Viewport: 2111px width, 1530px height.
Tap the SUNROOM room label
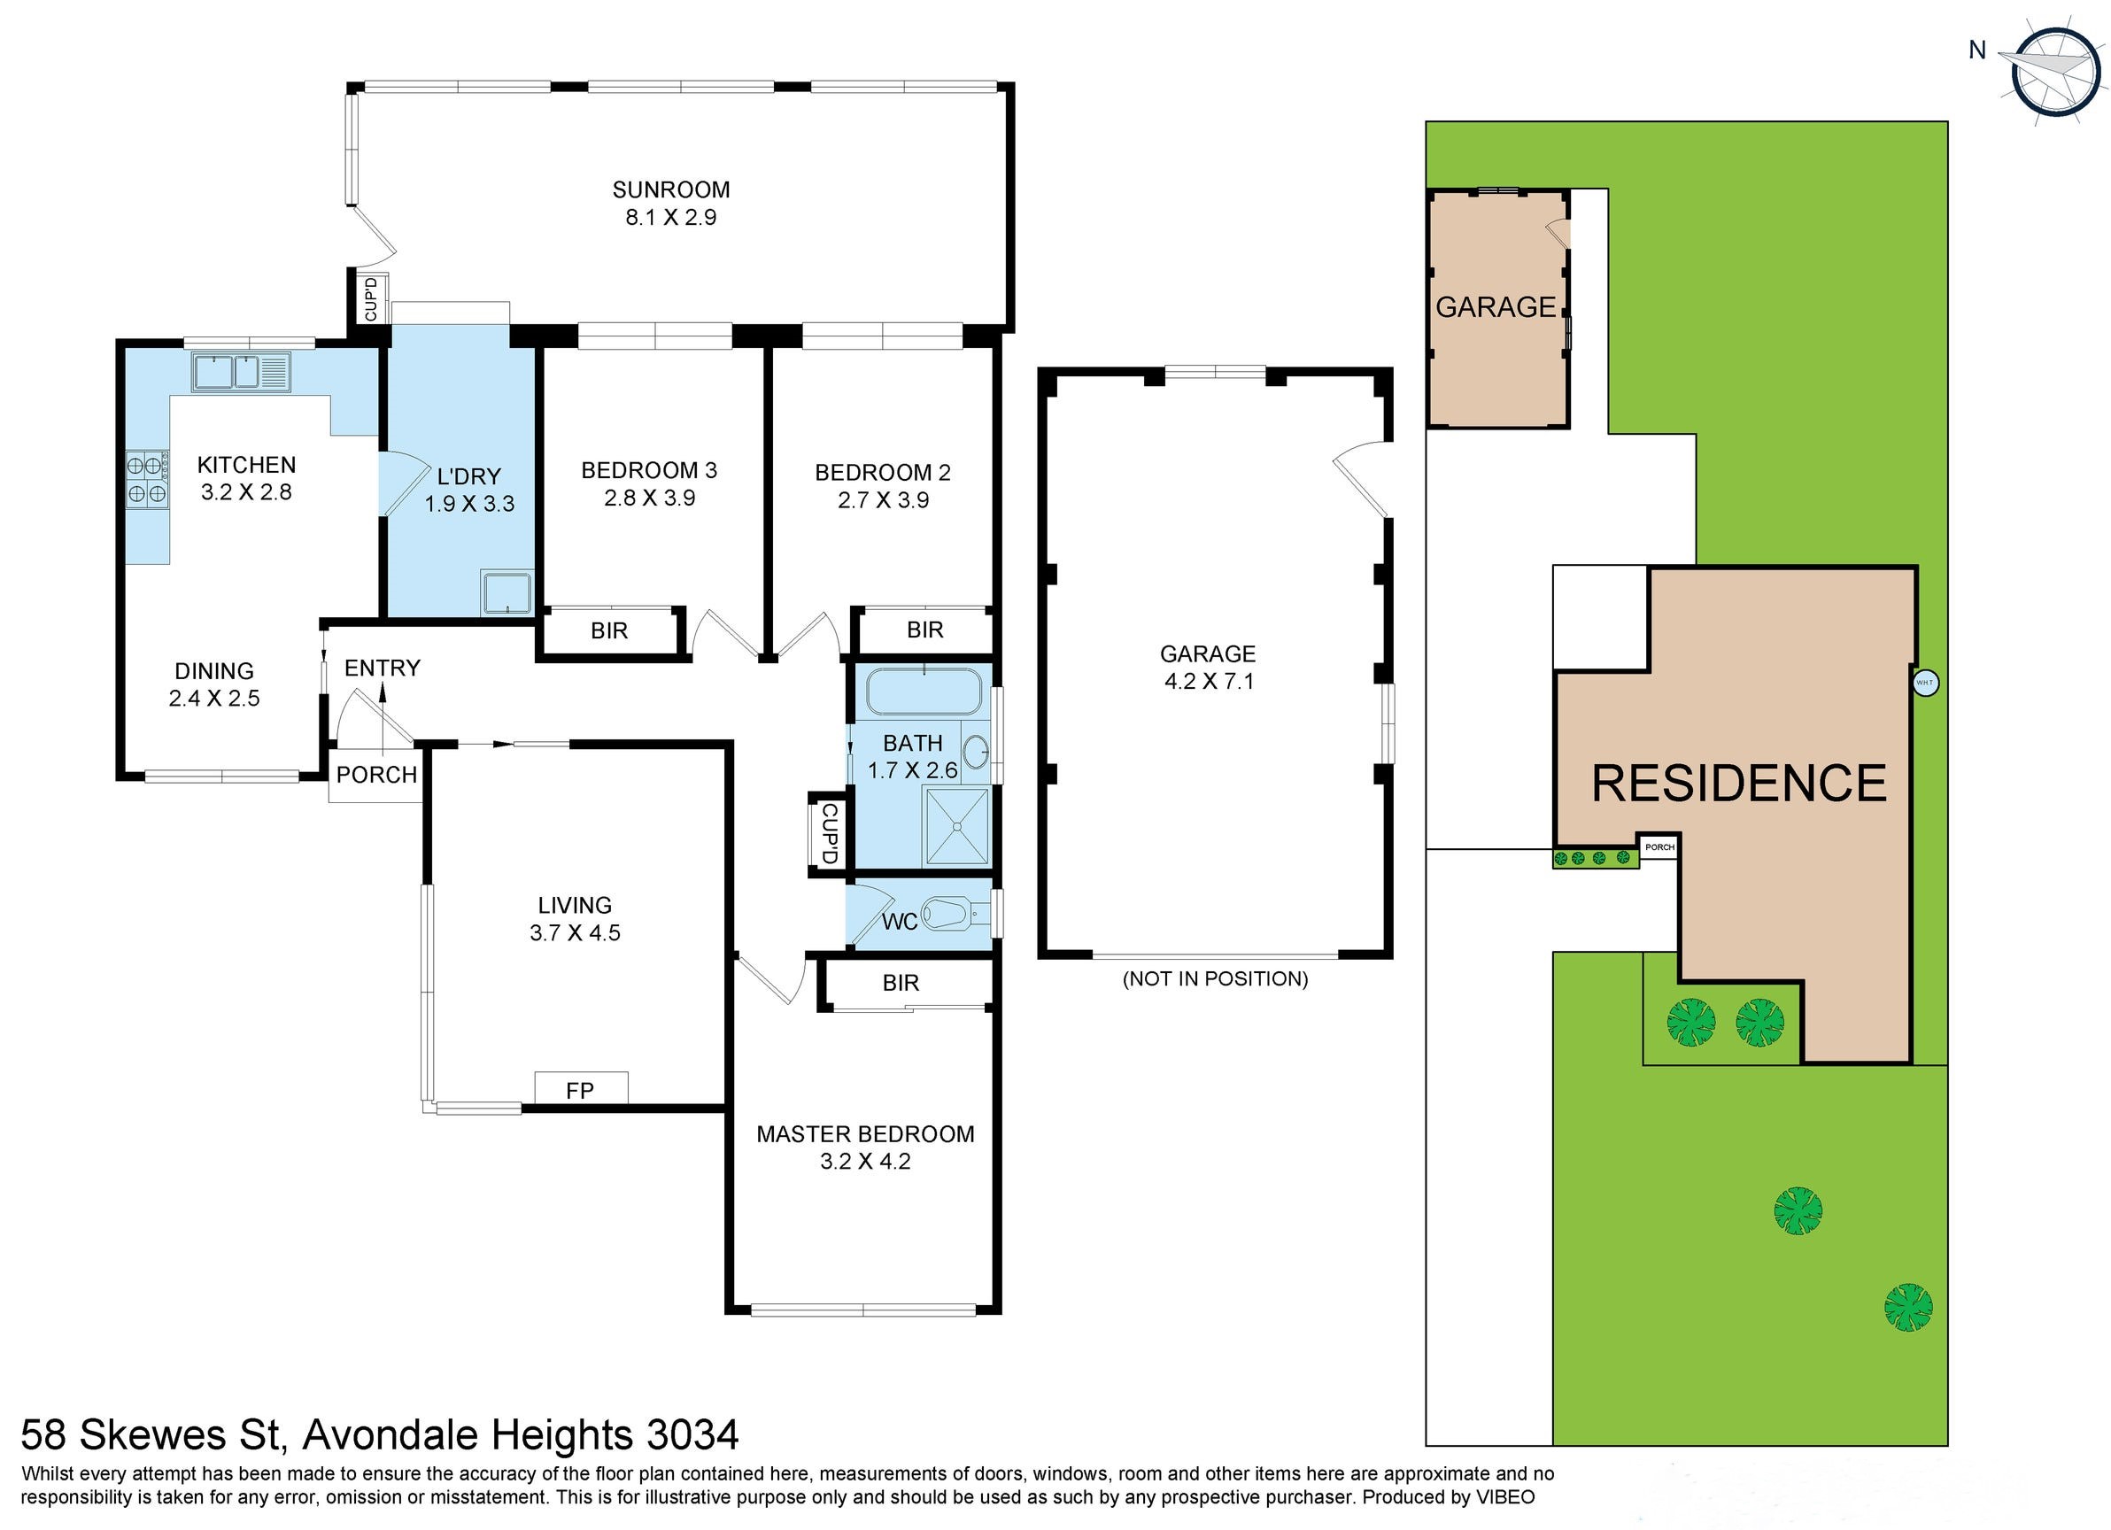[x=670, y=189]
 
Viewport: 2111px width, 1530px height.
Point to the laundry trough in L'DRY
[x=506, y=593]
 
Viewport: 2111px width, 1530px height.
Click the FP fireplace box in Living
[x=581, y=1089]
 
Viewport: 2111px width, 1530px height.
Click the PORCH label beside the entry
[x=376, y=775]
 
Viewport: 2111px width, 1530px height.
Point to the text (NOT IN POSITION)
[x=1215, y=978]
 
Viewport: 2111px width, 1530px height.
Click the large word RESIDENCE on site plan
[x=1739, y=783]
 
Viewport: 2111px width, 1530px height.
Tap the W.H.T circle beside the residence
[x=1925, y=684]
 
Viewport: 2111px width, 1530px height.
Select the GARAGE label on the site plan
[x=1495, y=307]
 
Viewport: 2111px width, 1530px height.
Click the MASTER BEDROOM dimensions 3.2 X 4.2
[x=865, y=1162]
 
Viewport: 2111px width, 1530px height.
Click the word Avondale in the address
[x=390, y=1434]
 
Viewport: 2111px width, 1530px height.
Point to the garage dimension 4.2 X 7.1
[x=1208, y=681]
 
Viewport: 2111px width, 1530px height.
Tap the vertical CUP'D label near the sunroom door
[x=371, y=297]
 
